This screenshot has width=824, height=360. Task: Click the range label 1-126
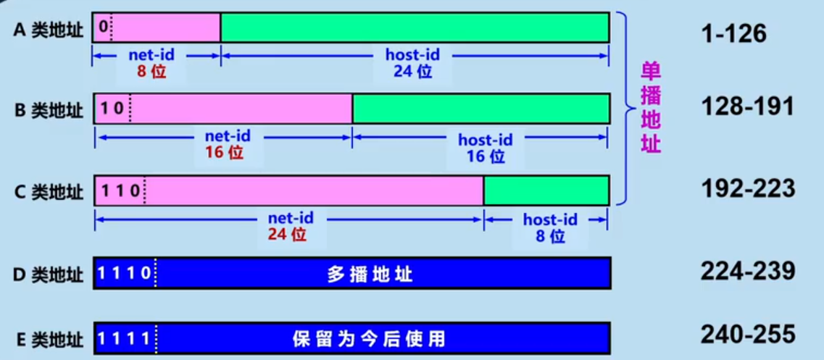point(733,33)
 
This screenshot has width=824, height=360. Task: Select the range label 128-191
point(747,106)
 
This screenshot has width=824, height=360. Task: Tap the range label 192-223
point(747,189)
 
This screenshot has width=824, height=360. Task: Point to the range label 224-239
point(747,271)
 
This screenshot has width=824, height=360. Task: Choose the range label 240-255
point(747,334)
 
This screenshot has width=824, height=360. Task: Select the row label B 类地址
point(49,110)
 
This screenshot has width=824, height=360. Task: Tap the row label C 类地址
point(49,192)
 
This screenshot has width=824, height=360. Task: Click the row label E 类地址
point(49,338)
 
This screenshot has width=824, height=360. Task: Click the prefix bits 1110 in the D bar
point(124,274)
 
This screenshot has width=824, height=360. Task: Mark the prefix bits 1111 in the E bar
point(124,338)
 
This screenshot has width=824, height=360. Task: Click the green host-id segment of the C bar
point(546,191)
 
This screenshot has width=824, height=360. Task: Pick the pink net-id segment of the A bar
point(166,27)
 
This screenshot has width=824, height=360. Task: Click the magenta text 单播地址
point(650,107)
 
